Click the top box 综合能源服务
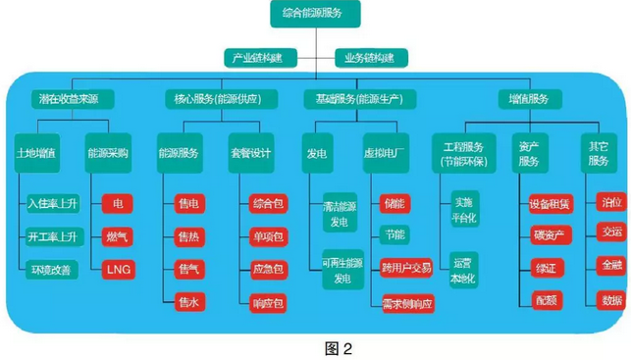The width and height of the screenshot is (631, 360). pyautogui.click(x=316, y=14)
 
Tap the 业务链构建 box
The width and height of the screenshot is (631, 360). pyautogui.click(x=371, y=58)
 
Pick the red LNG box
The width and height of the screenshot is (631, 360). pyautogui.click(x=118, y=269)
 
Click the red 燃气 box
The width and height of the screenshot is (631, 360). pyautogui.click(x=118, y=236)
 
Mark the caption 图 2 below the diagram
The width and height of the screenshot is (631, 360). pyautogui.click(x=314, y=345)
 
